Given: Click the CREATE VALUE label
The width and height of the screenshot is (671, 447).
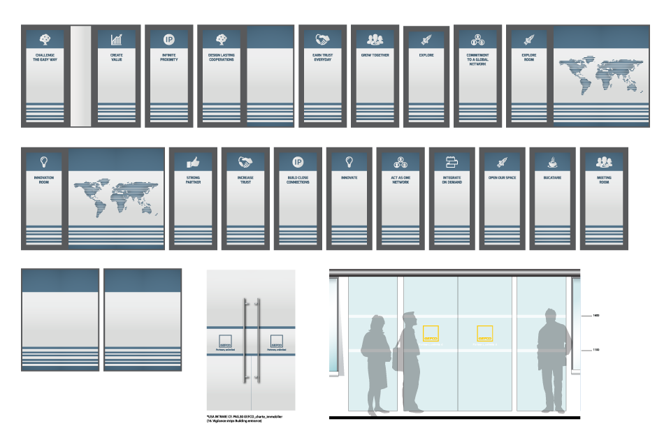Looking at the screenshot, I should [117, 57].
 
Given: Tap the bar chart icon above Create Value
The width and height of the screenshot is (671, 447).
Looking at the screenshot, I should [117, 39].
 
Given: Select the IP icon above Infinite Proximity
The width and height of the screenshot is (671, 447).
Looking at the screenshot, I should [169, 39].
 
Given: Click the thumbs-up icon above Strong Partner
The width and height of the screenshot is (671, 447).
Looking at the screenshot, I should [193, 161].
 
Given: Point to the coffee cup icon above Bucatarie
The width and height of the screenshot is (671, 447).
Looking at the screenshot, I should [552, 161].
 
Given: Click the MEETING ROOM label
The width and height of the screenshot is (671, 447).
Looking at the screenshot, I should [604, 179].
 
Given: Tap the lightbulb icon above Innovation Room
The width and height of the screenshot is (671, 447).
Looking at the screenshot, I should [45, 161].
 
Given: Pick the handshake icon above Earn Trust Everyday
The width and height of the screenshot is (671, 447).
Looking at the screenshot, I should [322, 39].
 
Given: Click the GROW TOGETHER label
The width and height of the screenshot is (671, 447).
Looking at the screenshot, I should [375, 54].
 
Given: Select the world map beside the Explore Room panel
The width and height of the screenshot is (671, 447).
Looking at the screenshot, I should [600, 76].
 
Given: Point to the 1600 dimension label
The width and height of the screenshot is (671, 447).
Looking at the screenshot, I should [596, 316].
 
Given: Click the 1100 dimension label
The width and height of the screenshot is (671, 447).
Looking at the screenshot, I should [596, 349].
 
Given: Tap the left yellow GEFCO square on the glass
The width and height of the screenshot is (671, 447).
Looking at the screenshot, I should [432, 334].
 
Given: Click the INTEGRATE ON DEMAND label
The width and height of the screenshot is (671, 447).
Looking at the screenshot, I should [452, 179].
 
